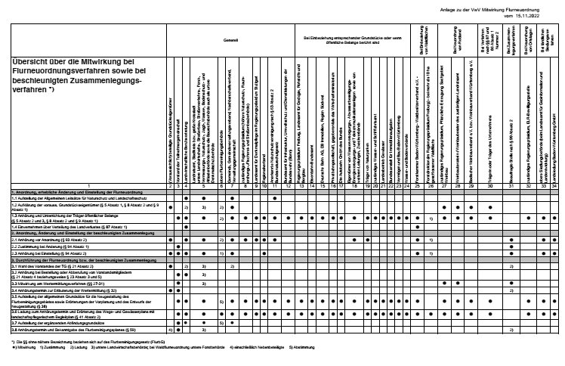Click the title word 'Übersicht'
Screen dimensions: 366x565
34,62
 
